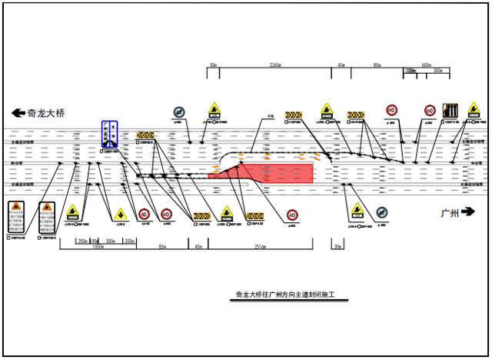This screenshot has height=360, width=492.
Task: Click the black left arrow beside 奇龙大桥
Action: (x=15, y=112)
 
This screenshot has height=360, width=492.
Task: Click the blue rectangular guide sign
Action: (x=111, y=134)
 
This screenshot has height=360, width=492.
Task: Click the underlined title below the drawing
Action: (x=292, y=295)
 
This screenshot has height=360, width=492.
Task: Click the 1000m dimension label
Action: (x=97, y=247)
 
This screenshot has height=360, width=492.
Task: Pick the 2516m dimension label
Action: (x=260, y=247)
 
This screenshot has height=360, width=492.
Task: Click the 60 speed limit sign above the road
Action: (x=430, y=111)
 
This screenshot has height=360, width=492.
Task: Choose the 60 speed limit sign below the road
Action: (x=144, y=214)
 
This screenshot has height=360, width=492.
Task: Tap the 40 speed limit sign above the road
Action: (x=392, y=111)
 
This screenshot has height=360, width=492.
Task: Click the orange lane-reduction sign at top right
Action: (x=452, y=111)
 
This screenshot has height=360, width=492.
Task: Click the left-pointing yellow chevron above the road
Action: (x=145, y=135)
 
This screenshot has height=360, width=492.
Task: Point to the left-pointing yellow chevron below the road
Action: (x=201, y=215)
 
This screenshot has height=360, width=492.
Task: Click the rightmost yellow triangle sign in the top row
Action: (x=327, y=111)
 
